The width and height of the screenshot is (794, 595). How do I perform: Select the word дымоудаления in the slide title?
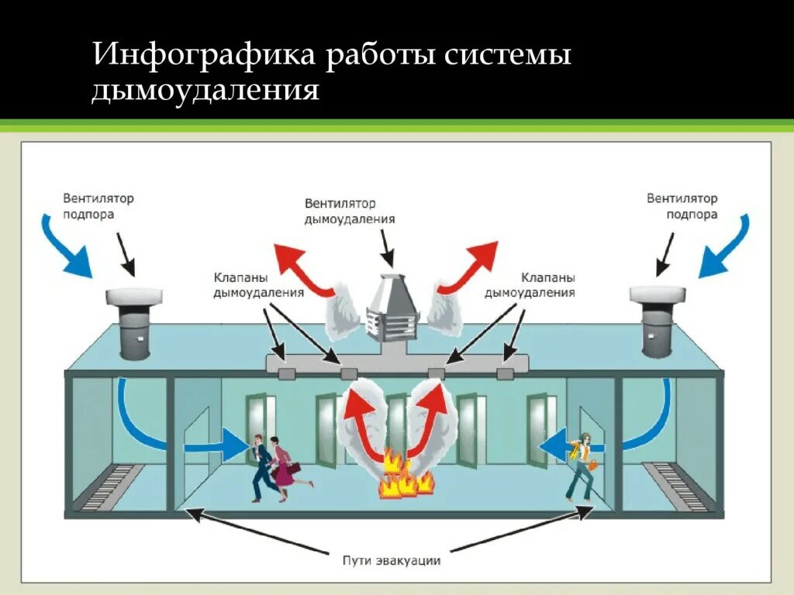(x=205, y=91)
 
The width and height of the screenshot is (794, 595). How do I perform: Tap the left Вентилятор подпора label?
(x=98, y=207)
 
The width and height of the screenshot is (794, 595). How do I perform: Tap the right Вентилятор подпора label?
(x=682, y=207)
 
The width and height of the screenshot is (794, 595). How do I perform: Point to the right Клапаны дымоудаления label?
(x=530, y=284)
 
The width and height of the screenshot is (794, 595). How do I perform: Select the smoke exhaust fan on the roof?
(x=392, y=308)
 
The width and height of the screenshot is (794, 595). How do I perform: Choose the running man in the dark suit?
(x=262, y=467)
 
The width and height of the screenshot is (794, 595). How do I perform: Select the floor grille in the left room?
(x=112, y=486)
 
